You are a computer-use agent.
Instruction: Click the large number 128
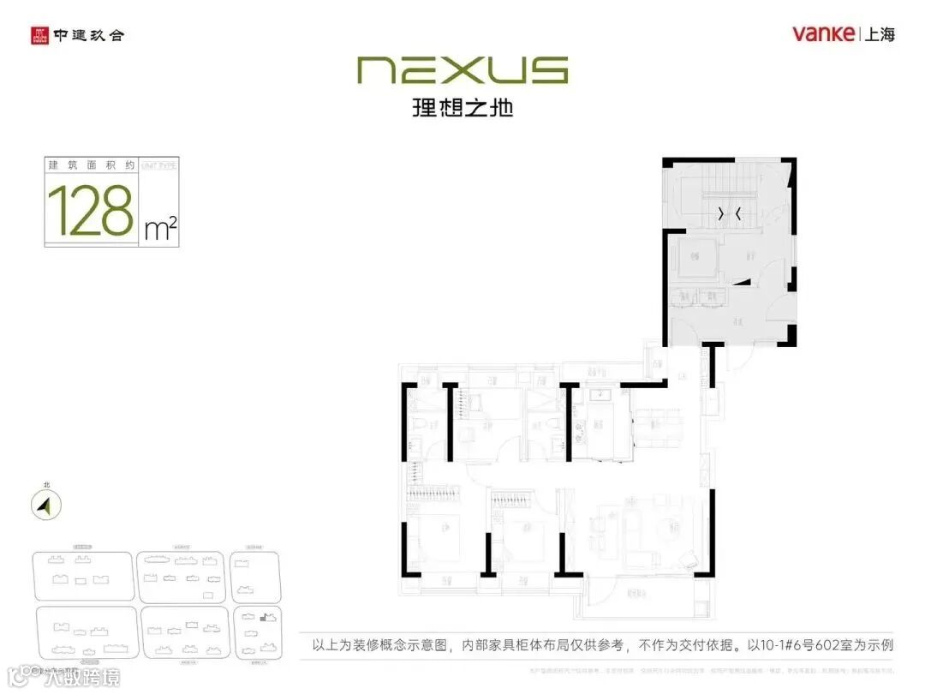[x=91, y=210]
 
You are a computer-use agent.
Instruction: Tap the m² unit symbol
[x=161, y=228]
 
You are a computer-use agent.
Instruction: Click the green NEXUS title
[x=462, y=70]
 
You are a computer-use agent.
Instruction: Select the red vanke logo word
[x=823, y=34]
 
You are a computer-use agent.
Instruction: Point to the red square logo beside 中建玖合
[x=39, y=36]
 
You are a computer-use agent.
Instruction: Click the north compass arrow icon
[x=45, y=506]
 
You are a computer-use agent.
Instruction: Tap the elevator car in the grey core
[x=695, y=255]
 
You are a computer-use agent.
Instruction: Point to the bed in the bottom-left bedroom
[x=437, y=538]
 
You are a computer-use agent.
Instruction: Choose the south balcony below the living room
[x=642, y=595]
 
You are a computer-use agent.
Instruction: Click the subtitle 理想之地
[x=462, y=108]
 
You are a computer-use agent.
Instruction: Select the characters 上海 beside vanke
[x=880, y=34]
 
